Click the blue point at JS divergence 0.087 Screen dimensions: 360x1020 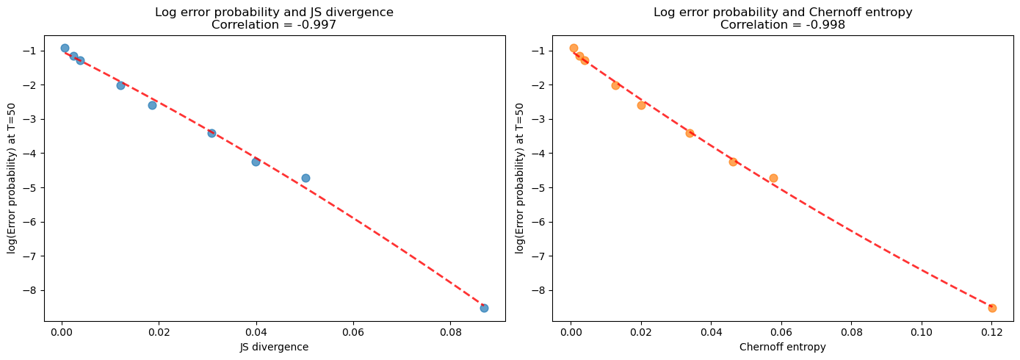coord(484,308)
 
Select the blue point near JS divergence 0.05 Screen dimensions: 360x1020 coord(305,178)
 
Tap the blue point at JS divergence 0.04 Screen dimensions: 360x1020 coord(256,162)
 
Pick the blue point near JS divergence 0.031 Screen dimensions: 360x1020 coord(211,133)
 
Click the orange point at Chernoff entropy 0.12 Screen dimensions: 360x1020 coord(992,308)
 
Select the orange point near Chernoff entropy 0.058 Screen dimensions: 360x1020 coord(773,178)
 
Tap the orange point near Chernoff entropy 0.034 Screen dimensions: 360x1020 coord(690,133)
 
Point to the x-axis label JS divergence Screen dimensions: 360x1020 coord(275,348)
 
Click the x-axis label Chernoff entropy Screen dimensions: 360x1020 coord(783,348)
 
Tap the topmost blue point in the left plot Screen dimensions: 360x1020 coord(65,48)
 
